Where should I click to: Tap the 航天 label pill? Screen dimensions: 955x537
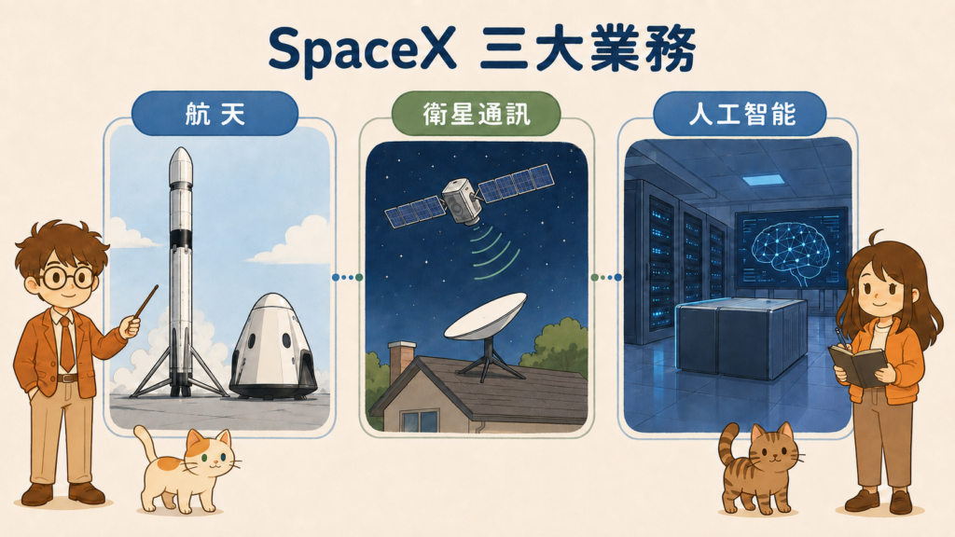pyautogui.click(x=215, y=114)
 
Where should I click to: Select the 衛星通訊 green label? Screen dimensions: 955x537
pyautogui.click(x=476, y=114)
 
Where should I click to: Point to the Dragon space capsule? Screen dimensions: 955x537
pyautogui.click(x=273, y=346)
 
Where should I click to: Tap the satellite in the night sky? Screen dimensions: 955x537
pyautogui.click(x=469, y=196)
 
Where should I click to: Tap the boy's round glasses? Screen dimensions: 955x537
pyautogui.click(x=66, y=277)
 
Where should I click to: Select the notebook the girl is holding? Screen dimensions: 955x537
pyautogui.click(x=858, y=365)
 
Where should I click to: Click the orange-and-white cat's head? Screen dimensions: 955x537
pyautogui.click(x=208, y=454)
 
